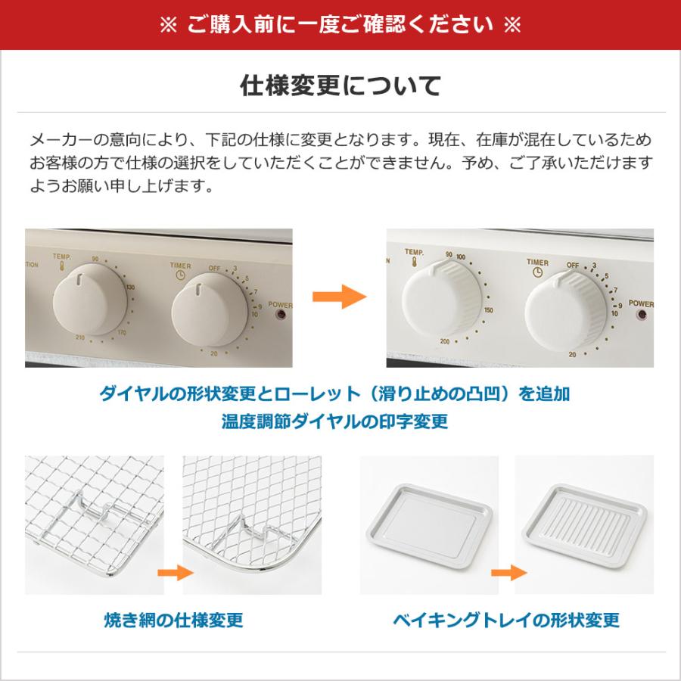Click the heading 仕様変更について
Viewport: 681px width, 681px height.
(x=340, y=86)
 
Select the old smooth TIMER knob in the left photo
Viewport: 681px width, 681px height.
(x=198, y=303)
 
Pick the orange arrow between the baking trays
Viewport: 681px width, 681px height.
(x=505, y=573)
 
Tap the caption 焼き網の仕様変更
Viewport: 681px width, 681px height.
(x=173, y=620)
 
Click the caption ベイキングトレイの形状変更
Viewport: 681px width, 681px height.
(x=506, y=620)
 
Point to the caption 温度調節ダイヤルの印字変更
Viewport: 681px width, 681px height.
(x=334, y=421)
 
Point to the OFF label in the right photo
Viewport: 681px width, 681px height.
(x=573, y=265)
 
